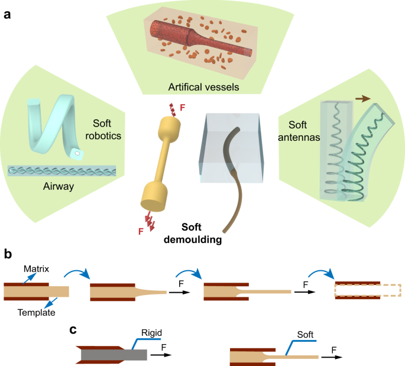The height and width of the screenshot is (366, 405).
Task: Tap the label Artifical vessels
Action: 203,87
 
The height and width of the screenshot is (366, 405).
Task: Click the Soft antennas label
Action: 303,132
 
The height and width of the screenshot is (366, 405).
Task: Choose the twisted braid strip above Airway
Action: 61,170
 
